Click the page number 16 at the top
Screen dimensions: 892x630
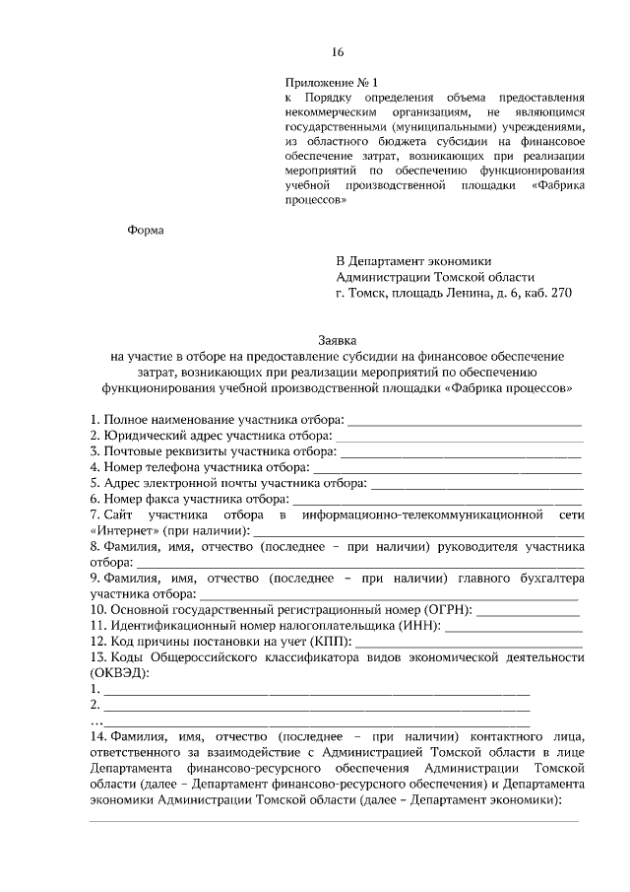tap(337, 51)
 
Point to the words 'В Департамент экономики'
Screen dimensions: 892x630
tap(406, 261)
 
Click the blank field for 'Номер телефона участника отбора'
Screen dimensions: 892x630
tap(447, 468)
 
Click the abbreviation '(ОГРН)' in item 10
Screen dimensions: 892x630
tap(449, 611)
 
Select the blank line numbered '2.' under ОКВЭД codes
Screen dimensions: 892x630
tap(315, 706)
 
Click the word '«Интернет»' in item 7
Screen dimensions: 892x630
tap(121, 531)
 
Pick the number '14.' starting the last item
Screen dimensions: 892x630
tap(97, 736)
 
